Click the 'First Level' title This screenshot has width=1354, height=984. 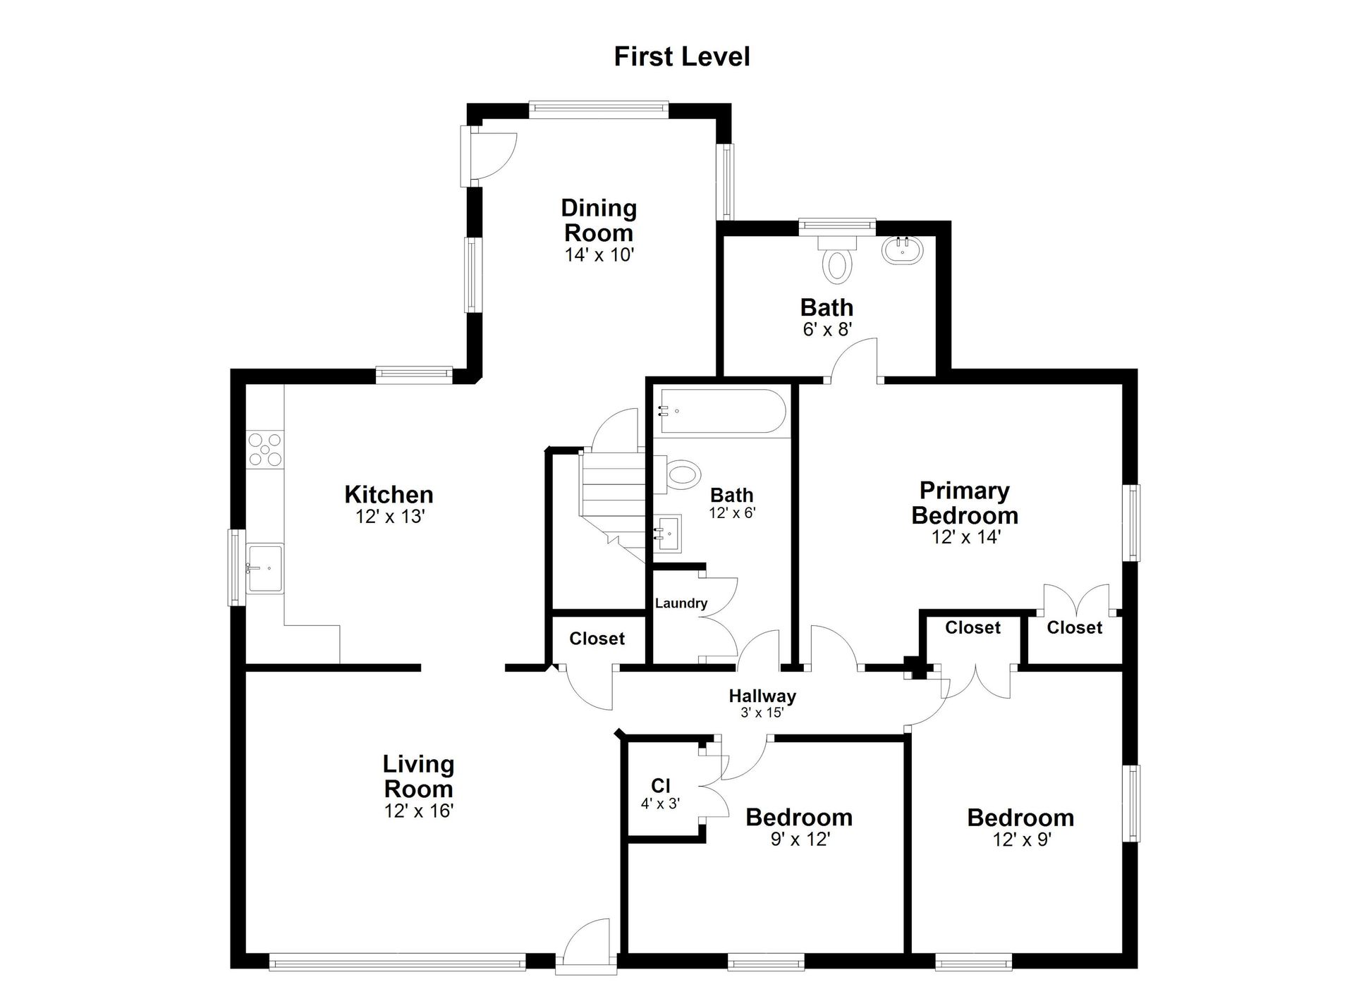(682, 57)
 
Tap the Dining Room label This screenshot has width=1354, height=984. (599, 220)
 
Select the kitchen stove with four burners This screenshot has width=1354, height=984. (265, 449)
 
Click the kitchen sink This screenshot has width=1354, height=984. (264, 568)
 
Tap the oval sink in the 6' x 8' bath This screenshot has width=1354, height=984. (901, 250)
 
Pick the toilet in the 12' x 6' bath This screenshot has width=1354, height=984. (677, 474)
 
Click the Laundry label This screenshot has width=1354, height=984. (681, 603)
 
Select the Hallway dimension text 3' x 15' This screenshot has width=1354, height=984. (762, 713)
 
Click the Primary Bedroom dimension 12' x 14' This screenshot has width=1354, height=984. (965, 537)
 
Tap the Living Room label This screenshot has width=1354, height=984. (418, 776)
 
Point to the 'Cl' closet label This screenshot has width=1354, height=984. (661, 785)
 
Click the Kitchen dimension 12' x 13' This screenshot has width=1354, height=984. (390, 517)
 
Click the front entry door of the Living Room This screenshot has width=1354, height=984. (587, 945)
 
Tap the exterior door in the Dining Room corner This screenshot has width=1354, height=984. (489, 156)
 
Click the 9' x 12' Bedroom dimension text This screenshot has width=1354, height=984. (800, 840)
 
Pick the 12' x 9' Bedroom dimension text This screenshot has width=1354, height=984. (1022, 840)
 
